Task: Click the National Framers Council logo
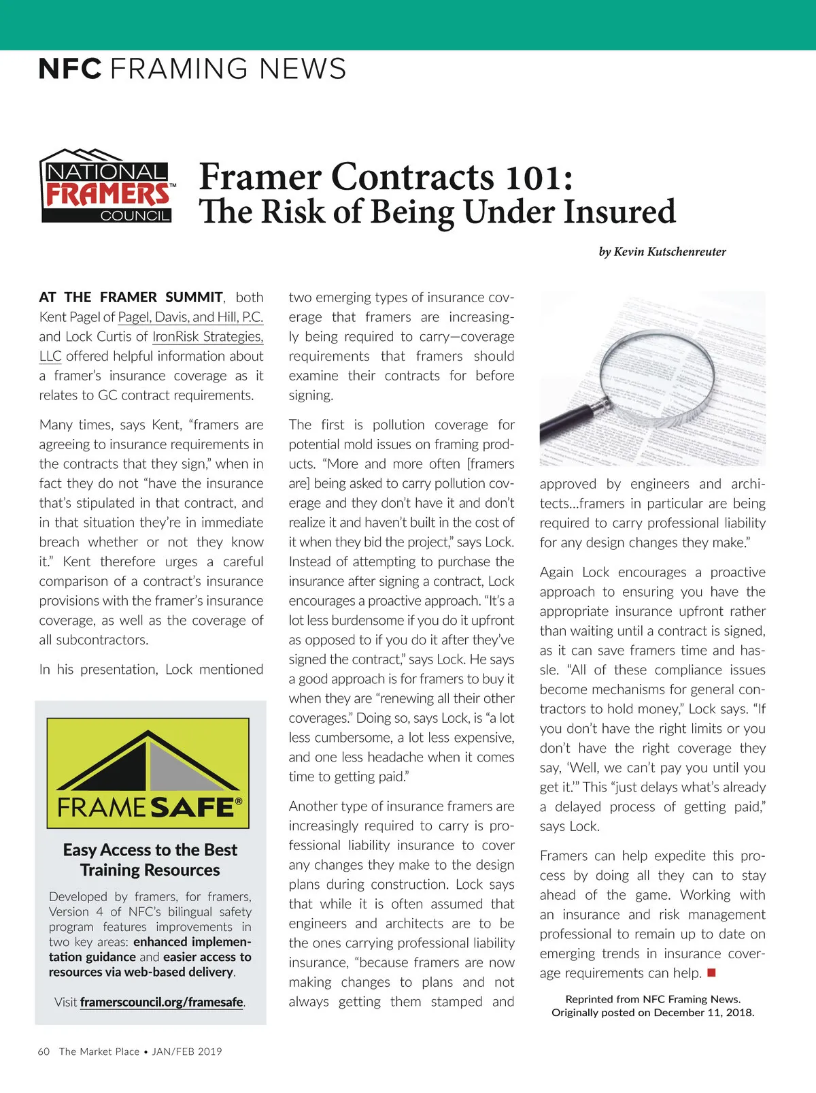(x=107, y=186)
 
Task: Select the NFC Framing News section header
(x=192, y=69)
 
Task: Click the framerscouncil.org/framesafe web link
(x=161, y=1002)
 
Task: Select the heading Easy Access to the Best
(x=150, y=850)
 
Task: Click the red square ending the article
(x=711, y=973)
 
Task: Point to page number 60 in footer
(x=44, y=1051)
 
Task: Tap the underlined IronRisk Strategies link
(x=207, y=337)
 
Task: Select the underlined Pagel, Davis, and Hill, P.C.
(x=190, y=317)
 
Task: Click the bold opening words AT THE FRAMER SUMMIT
(x=131, y=297)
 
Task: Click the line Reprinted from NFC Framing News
(x=653, y=999)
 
